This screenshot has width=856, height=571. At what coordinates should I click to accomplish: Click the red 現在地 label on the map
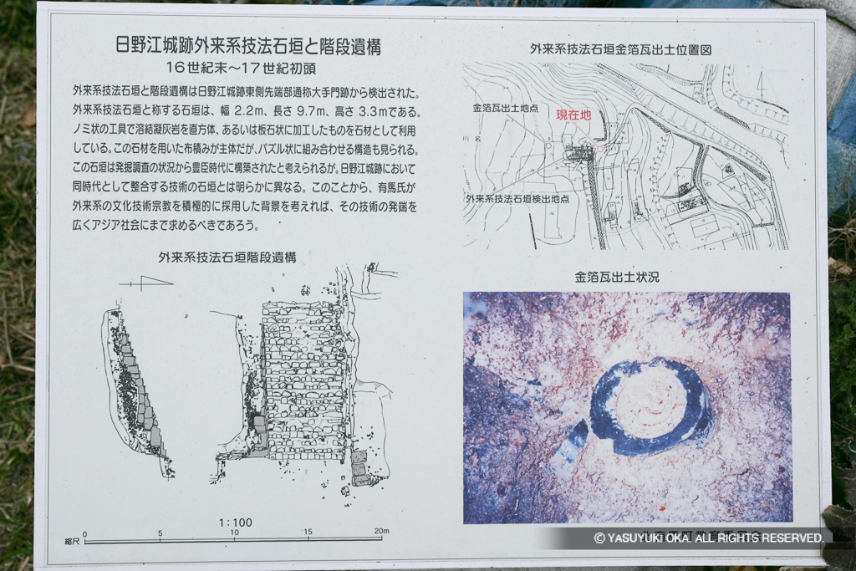click(573, 115)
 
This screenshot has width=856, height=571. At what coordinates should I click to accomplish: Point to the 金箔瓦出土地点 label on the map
click(505, 109)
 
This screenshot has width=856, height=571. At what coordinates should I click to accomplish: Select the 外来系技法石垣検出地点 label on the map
click(517, 199)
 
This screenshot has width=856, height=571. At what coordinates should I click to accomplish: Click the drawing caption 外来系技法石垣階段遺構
click(227, 257)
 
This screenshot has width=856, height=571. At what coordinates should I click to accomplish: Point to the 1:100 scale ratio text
click(235, 523)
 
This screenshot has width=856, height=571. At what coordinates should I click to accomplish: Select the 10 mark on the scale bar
click(235, 533)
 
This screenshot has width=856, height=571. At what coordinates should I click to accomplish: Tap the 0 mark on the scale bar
click(85, 533)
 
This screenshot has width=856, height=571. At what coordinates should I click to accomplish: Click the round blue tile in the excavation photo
click(649, 406)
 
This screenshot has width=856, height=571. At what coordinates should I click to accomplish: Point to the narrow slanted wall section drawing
click(134, 389)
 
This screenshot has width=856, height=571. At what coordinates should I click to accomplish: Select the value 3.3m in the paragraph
click(385, 111)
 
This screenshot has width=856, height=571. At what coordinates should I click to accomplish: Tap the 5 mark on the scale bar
click(160, 533)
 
